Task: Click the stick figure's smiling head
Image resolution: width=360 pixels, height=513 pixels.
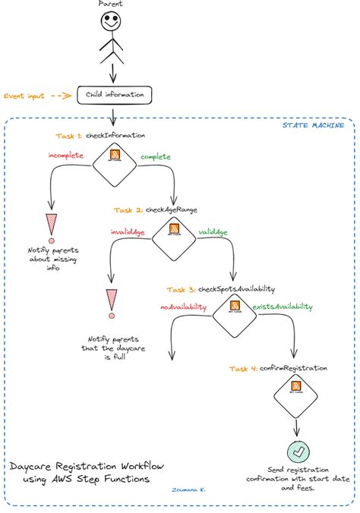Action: (x=112, y=24)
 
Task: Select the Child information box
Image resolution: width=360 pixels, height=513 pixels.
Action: (x=115, y=96)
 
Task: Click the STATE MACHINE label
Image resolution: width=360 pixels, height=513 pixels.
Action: (x=314, y=124)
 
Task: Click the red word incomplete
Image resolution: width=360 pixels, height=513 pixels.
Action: (x=65, y=156)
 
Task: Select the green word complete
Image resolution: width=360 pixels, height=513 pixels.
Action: (x=155, y=156)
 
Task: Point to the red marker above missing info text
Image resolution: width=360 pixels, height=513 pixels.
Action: (x=52, y=225)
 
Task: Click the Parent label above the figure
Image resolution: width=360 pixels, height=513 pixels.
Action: (x=112, y=5)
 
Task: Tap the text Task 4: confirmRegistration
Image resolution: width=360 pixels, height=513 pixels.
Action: (x=278, y=368)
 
